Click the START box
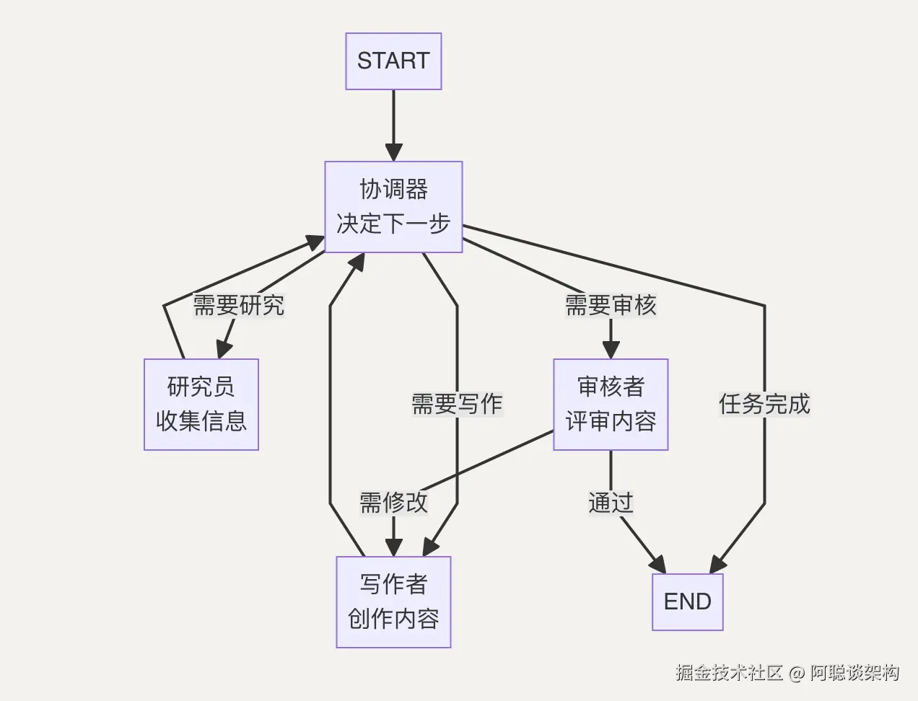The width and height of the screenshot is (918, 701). click(x=393, y=61)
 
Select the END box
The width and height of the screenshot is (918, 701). click(x=687, y=601)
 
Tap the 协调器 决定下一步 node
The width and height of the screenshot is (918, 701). click(x=393, y=207)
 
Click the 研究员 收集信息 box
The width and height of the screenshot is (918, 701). click(x=201, y=404)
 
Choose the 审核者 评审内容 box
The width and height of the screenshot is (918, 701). click(x=611, y=404)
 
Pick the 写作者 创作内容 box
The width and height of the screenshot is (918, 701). click(x=393, y=601)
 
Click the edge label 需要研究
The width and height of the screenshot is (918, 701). click(x=238, y=305)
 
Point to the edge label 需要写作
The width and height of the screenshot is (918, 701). click(x=457, y=404)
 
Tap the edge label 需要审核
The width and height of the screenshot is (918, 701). click(x=611, y=305)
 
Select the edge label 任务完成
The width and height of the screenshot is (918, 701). click(x=764, y=404)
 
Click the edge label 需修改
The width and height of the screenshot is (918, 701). click(x=393, y=503)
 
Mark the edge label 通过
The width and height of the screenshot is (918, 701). click(x=611, y=503)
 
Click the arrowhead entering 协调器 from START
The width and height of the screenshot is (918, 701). click(x=393, y=152)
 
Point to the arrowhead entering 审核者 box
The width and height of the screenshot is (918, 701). click(x=611, y=350)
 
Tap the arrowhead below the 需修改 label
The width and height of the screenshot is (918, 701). click(x=393, y=547)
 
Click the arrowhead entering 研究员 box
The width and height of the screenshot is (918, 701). click(x=224, y=349)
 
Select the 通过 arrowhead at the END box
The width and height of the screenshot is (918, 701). click(x=657, y=565)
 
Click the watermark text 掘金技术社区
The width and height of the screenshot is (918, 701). click(x=729, y=673)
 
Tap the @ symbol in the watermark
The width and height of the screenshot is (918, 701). click(x=796, y=674)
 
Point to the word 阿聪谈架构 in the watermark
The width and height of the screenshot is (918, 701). click(x=854, y=673)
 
